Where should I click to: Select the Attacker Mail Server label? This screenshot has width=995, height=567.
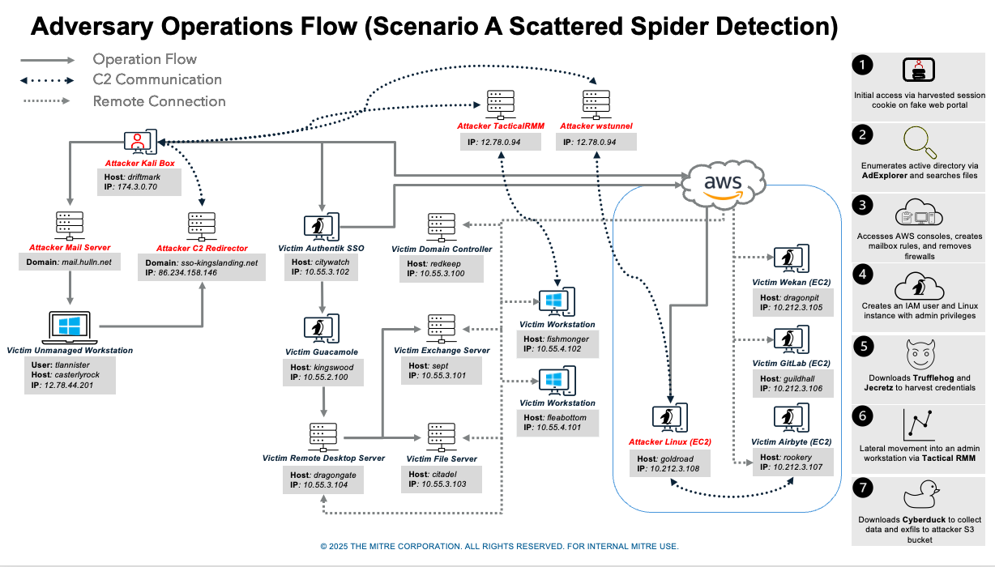(70, 247)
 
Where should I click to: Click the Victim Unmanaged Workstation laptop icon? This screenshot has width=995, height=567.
(70, 327)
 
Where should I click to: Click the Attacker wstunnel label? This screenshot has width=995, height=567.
(596, 126)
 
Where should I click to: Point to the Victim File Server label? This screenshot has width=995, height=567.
(442, 458)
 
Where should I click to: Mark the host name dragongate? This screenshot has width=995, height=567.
(333, 475)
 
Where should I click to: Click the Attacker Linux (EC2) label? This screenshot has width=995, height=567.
(670, 442)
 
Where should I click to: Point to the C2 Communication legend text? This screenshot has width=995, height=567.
(157, 79)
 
